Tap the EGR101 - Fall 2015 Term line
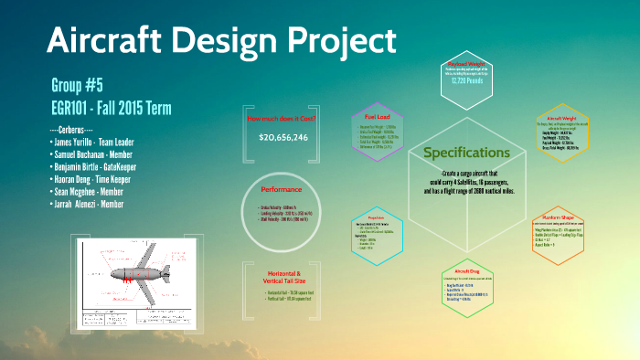click(x=112, y=108)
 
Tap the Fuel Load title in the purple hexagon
click(x=378, y=117)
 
